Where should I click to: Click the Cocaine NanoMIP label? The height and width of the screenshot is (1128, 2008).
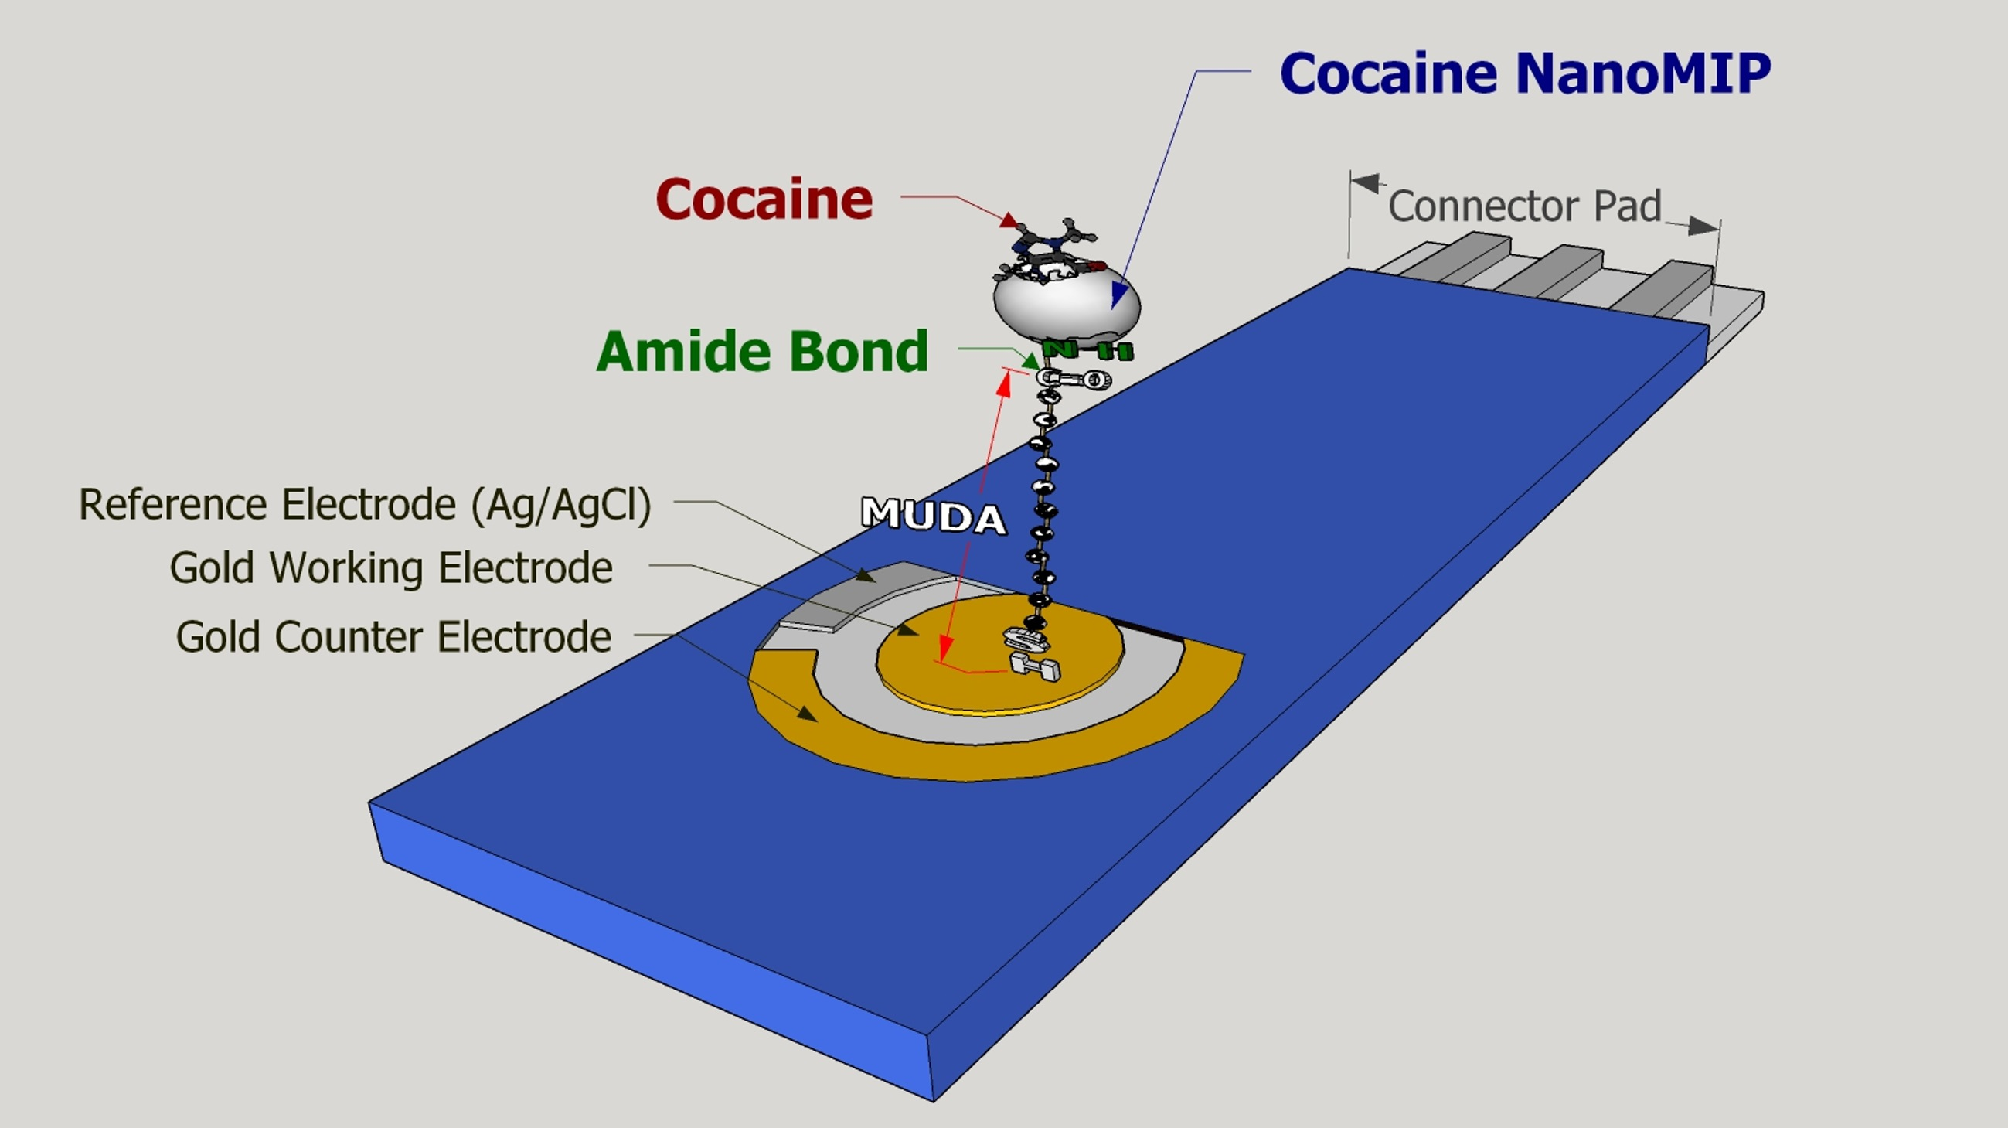tap(1525, 73)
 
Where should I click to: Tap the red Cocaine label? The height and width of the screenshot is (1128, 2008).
tap(764, 199)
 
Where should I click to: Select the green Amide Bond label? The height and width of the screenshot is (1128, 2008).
tap(762, 352)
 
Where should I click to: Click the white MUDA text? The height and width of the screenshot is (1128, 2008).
tap(933, 515)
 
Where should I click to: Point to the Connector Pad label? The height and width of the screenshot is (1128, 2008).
tap(1524, 206)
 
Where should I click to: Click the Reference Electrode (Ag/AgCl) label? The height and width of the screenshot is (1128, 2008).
tap(365, 504)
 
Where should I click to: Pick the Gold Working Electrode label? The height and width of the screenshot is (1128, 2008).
tap(390, 567)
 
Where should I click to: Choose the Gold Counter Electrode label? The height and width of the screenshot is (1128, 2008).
tap(393, 637)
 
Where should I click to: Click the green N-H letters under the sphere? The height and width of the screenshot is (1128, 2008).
tap(1088, 350)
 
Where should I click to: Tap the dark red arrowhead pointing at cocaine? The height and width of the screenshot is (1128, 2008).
tap(1009, 220)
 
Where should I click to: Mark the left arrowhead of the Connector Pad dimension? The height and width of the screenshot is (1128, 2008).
tap(1364, 183)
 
